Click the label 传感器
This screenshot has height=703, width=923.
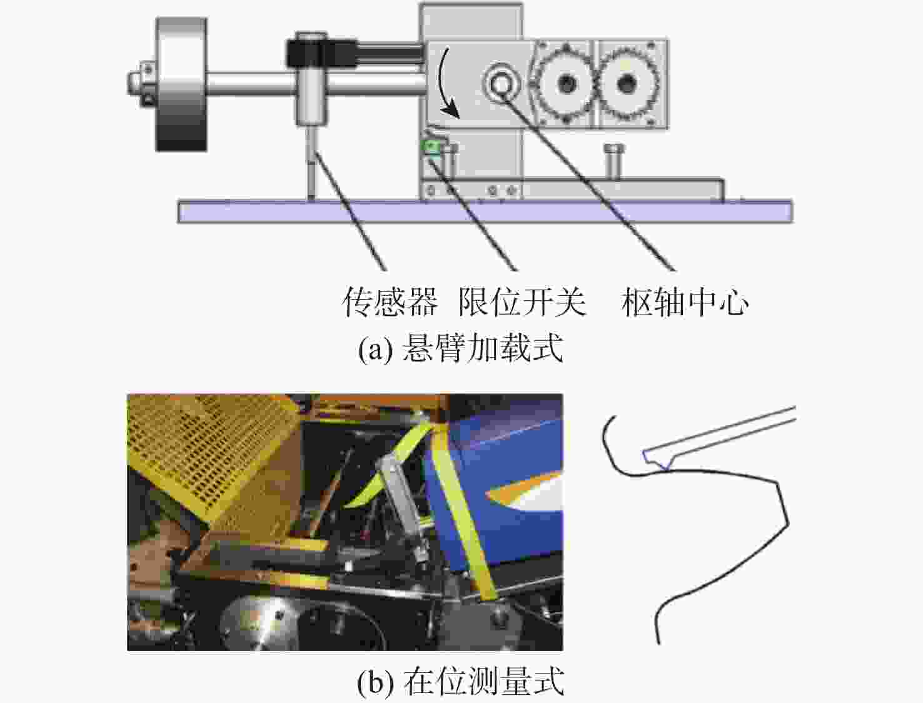(390, 301)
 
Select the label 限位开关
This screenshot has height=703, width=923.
(522, 301)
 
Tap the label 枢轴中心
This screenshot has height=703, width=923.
(685, 301)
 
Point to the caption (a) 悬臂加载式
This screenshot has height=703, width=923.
(461, 348)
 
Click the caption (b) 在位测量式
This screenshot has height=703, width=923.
(461, 682)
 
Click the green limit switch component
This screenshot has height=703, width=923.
(431, 147)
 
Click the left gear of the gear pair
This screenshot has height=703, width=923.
(565, 83)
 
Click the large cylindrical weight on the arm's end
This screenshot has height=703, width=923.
(181, 84)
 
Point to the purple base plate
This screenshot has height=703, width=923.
(485, 211)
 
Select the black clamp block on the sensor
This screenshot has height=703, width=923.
(321, 53)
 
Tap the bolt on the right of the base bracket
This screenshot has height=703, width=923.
(614, 161)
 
